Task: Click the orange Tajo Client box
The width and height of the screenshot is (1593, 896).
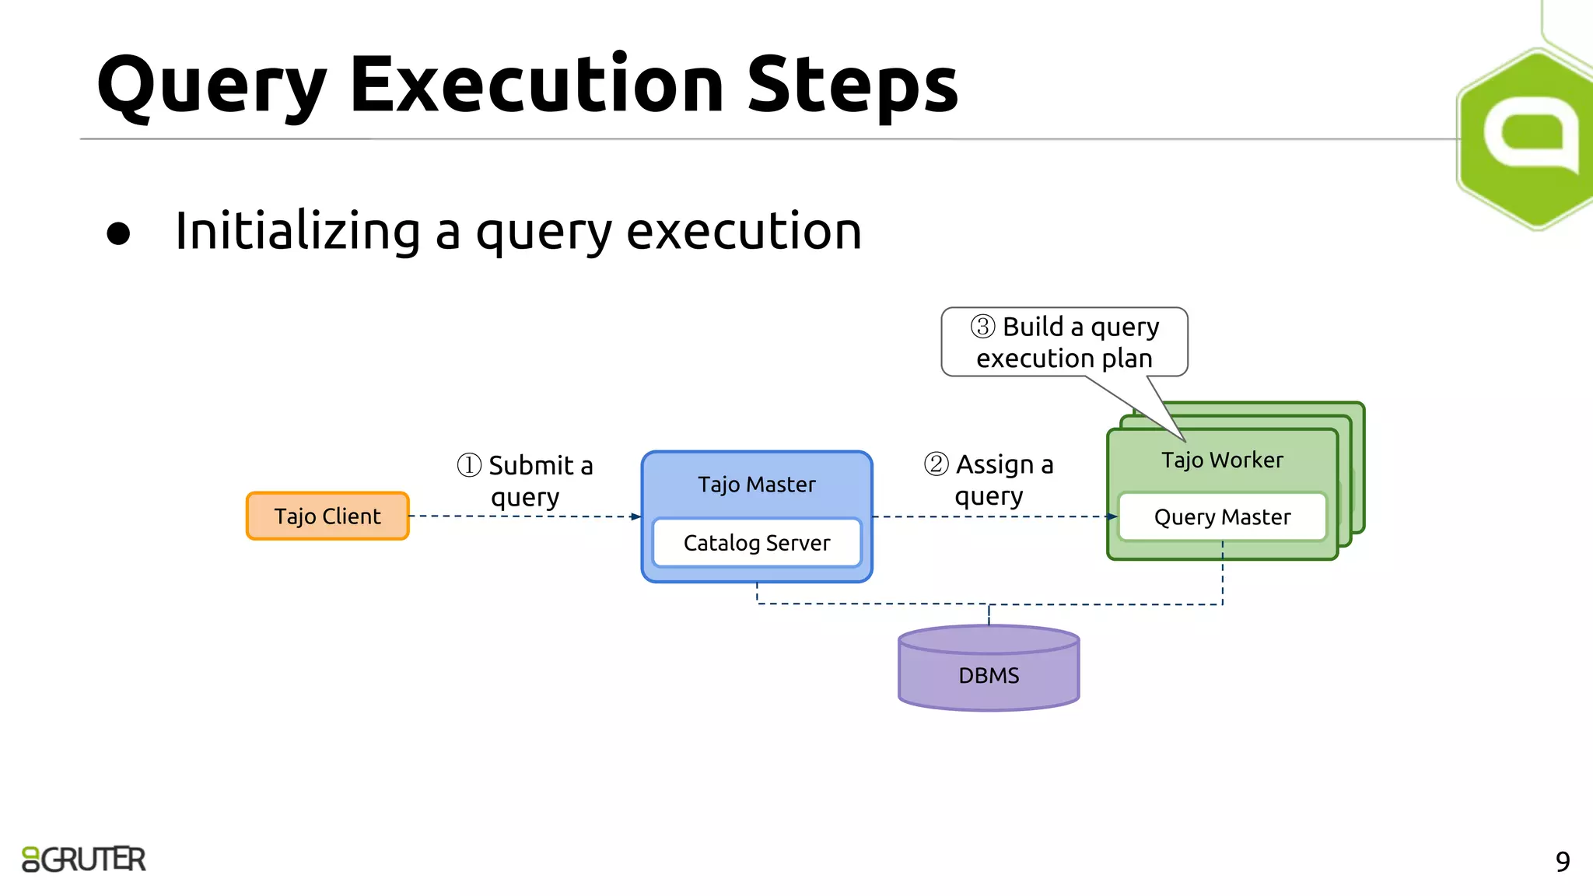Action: pyautogui.click(x=327, y=516)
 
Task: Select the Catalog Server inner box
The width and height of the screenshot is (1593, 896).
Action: pyautogui.click(x=756, y=542)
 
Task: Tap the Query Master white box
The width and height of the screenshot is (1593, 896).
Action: pyautogui.click(x=1221, y=516)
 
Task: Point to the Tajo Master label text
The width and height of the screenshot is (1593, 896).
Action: pyautogui.click(x=756, y=485)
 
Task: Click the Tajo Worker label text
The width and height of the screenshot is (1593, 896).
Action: pyautogui.click(x=1221, y=460)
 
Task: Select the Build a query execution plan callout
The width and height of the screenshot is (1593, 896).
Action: pyautogui.click(x=1064, y=342)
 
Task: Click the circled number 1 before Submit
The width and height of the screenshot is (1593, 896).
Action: pyautogui.click(x=469, y=465)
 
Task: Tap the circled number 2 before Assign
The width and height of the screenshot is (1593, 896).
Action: pyautogui.click(x=936, y=464)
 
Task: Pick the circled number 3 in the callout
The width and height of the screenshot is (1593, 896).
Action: pyautogui.click(x=982, y=327)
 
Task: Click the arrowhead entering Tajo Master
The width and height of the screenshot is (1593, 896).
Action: pyautogui.click(x=635, y=516)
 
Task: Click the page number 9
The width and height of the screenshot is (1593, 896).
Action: pyautogui.click(x=1562, y=862)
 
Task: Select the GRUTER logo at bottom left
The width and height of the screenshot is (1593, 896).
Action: pyautogui.click(x=84, y=859)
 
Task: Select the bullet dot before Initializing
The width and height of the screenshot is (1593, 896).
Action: pyautogui.click(x=118, y=233)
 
